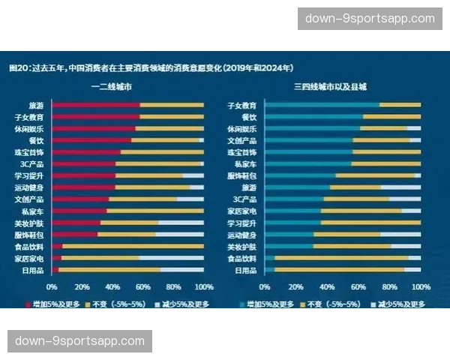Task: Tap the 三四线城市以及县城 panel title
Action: pos(330,88)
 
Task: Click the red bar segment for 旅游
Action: pos(95,106)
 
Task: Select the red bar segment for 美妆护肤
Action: pos(76,223)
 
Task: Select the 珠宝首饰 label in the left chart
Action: pos(29,152)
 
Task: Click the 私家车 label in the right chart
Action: pos(246,163)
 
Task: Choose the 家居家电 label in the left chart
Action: pos(29,258)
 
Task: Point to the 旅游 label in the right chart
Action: pos(249,187)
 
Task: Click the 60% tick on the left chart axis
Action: pos(142,286)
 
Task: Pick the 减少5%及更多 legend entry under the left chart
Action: pos(184,304)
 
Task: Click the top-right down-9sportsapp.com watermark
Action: pos(370,19)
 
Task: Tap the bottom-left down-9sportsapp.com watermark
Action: pos(80,341)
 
